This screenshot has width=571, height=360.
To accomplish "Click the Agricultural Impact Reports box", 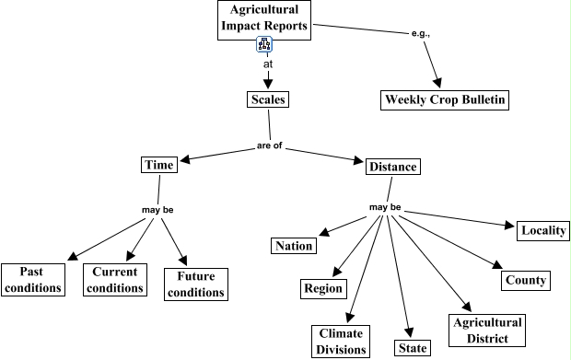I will pos(263,19).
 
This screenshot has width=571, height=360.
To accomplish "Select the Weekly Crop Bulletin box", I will pos(444,99).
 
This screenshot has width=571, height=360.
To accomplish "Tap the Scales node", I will pos(269,99).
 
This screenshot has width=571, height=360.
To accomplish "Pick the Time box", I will pos(158,165).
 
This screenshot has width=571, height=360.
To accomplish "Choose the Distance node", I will pos(392,167).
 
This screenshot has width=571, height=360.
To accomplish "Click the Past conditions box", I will pos(32,279).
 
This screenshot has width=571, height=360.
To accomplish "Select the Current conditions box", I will pos(114,279).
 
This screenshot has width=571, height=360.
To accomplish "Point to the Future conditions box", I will pos(194,285).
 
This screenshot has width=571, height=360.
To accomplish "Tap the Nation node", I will pos(294,246).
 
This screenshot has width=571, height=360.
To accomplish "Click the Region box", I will pos(323,288).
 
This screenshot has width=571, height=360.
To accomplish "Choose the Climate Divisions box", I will pos(341,341).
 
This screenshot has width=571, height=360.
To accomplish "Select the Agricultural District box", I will pos(487,331).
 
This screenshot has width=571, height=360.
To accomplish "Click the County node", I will pos(525,280).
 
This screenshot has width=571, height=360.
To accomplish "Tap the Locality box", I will pos(542,230).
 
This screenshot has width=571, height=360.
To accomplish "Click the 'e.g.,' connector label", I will pos(420,34).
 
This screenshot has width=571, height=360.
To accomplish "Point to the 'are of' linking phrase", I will pos(268,146).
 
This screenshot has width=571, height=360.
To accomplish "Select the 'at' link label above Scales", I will pos(268,65).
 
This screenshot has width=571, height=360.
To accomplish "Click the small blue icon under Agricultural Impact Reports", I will pos(264,45).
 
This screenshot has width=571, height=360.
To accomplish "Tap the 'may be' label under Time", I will pos(157,210).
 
